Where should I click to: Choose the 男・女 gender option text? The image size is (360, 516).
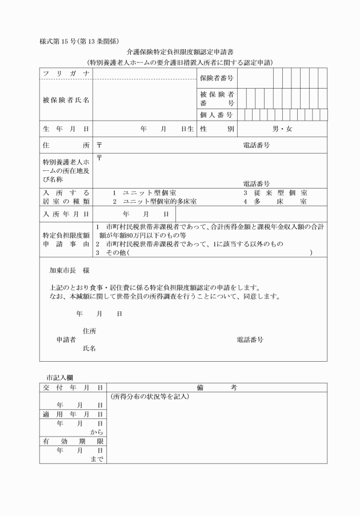tap(282, 129)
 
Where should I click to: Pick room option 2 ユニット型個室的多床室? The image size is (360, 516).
tap(154, 202)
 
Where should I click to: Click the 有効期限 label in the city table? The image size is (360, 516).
tap(73, 442)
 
